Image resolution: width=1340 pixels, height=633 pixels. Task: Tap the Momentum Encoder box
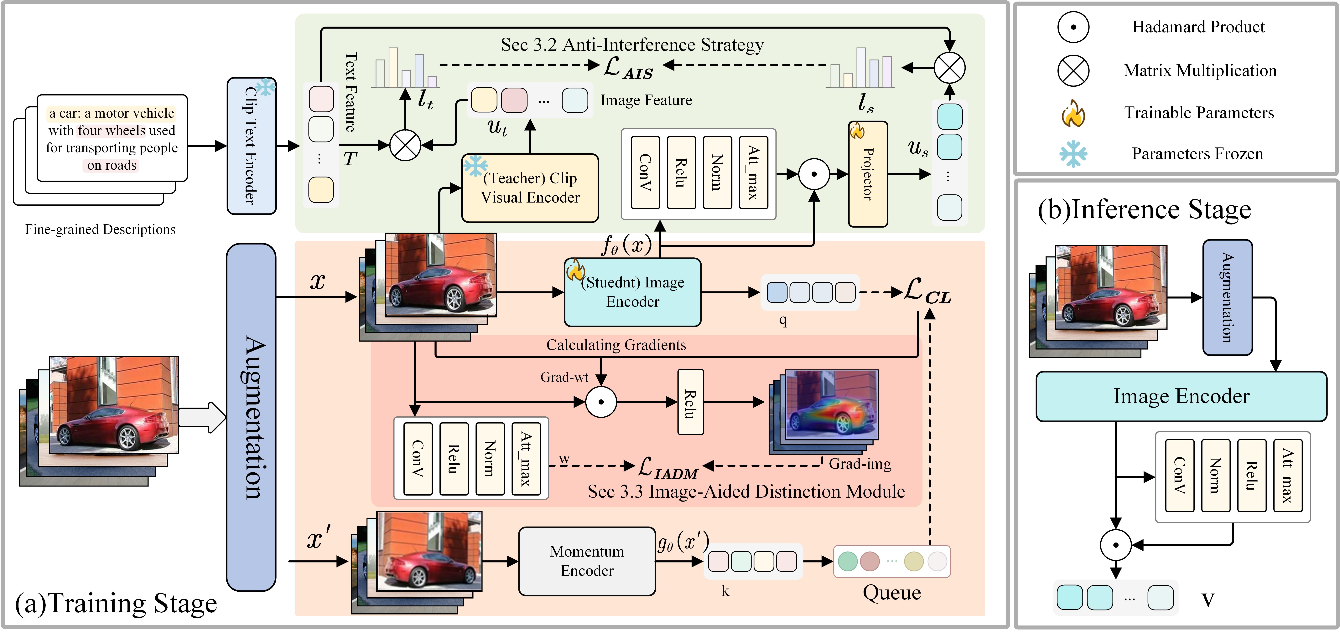click(587, 561)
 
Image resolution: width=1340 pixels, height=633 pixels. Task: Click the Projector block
click(868, 174)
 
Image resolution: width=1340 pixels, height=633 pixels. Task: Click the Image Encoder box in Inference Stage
click(1181, 396)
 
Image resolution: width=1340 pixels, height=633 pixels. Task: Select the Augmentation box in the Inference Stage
click(1227, 297)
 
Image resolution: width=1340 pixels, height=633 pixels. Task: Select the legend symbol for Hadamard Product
click(1073, 27)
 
